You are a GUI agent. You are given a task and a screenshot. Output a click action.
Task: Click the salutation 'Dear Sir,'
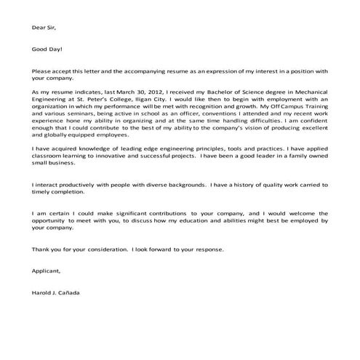(44, 28)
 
